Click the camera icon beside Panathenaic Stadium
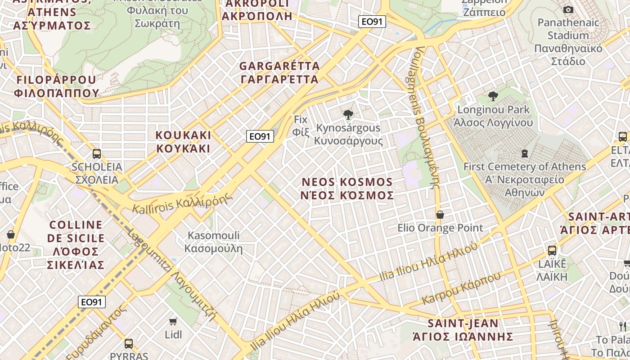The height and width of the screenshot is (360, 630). [x=568, y=9]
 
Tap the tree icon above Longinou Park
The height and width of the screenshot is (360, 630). [x=493, y=96]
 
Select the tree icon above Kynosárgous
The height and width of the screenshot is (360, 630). [x=348, y=115]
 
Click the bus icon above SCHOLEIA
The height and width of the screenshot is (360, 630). [x=97, y=154]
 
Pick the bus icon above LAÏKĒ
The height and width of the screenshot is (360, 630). [x=552, y=251]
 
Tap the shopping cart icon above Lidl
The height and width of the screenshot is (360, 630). [x=173, y=321]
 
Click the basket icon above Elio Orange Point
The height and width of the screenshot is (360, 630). [x=440, y=215]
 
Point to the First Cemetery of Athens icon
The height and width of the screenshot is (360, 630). [x=524, y=153]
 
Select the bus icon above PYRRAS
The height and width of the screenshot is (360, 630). [x=129, y=344]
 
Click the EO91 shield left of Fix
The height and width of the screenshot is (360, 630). [x=260, y=136]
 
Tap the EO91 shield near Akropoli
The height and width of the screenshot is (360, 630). [x=372, y=21]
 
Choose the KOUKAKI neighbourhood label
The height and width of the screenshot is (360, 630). [x=183, y=142]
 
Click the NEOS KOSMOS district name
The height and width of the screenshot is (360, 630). [x=347, y=189]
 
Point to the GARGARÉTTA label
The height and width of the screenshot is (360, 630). [x=279, y=73]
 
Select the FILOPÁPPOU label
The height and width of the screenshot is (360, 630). [x=57, y=86]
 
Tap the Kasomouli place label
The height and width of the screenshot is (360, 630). [x=213, y=242]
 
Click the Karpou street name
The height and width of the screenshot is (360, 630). [x=461, y=288]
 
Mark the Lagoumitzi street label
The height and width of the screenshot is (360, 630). [x=172, y=275]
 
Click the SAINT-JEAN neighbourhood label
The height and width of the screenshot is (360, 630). [x=463, y=330]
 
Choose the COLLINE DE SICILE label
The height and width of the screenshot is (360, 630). [x=76, y=244]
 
